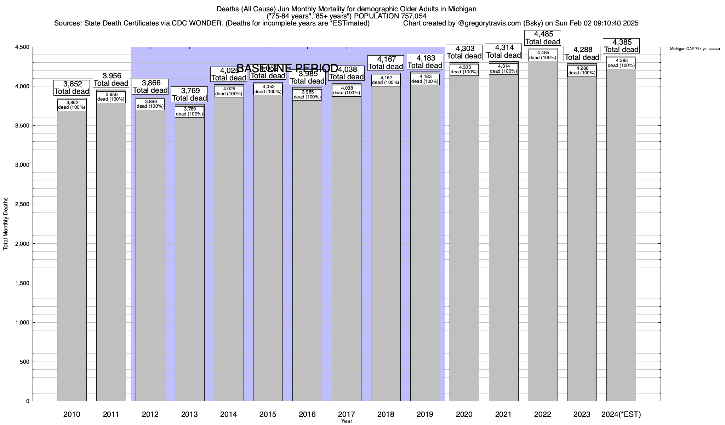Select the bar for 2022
(542, 230)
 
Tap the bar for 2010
(72, 255)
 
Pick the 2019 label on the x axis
(425, 414)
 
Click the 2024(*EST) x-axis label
(621, 414)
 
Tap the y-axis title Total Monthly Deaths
(6, 223)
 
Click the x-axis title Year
(347, 421)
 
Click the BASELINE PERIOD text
(287, 68)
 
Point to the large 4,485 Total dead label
(542, 38)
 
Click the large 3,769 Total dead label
(189, 94)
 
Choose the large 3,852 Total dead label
(72, 87)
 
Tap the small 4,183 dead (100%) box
(425, 79)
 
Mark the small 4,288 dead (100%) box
(582, 71)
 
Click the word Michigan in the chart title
(460, 9)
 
